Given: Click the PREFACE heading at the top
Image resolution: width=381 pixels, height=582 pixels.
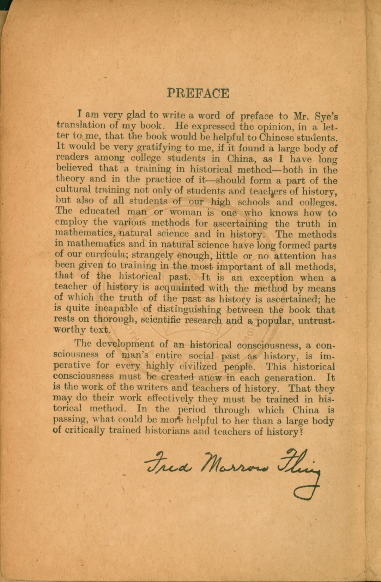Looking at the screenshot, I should pos(198,93).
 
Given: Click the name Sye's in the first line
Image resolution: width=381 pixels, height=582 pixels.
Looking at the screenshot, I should pos(326,117).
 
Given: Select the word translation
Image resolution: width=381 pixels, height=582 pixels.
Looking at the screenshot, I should pos(81,125).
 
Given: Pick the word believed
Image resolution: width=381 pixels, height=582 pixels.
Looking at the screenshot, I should pos(74,168).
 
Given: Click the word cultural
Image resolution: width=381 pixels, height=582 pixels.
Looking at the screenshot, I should pos(73,190).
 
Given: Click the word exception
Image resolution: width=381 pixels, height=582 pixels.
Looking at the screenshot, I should pos(271,278).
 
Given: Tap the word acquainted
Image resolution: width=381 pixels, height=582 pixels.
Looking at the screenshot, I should pos(179,288).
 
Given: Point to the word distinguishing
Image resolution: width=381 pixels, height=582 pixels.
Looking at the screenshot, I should pos(189,310).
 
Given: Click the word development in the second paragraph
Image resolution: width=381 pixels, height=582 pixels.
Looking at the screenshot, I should pos(125,344).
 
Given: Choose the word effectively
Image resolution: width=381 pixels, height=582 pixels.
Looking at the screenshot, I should pos(170,399).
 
